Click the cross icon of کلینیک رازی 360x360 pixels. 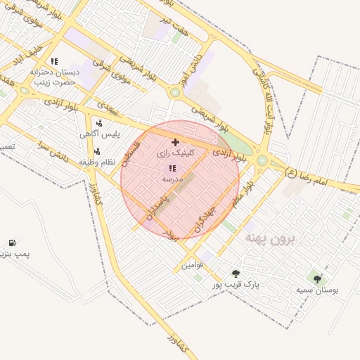point(175,142)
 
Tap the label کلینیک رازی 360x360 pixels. point(172,153)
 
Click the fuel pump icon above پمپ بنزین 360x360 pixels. point(12,243)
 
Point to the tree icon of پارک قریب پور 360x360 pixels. point(236,274)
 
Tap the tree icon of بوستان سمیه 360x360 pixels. point(317,279)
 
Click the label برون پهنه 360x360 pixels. point(271,239)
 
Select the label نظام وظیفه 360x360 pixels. point(96,162)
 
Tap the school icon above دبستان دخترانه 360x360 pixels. point(54,61)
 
